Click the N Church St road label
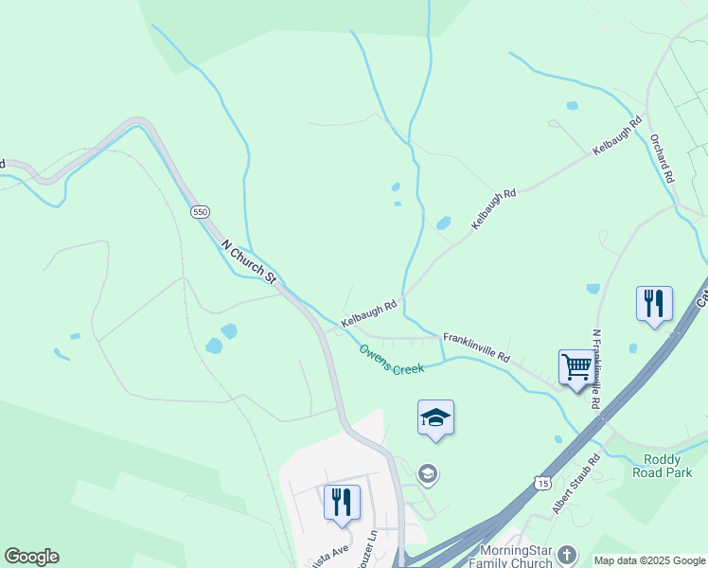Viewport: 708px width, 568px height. pos(248,262)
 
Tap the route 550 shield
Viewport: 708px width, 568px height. pos(200,212)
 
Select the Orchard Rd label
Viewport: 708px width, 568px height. pos(661,158)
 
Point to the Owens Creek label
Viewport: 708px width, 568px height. pos(391,360)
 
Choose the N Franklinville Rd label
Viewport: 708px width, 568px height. pos(596,369)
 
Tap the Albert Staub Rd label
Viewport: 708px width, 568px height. pos(576,484)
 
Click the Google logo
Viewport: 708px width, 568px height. pos(31,557)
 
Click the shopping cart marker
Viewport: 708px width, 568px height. pos(576,366)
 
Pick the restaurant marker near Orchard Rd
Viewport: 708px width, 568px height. pos(654,304)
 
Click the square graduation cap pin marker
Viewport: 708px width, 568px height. pos(435,417)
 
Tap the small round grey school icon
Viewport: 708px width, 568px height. pos(428,473)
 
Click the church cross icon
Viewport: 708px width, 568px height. pos(567,554)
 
